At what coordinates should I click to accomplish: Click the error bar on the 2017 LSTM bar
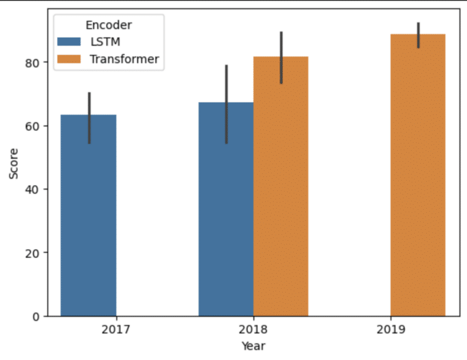89,118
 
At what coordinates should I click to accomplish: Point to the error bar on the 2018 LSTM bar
227,104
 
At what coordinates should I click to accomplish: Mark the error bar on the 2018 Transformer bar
281,58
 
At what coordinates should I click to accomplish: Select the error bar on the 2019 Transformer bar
418,35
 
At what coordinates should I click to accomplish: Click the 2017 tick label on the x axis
116,331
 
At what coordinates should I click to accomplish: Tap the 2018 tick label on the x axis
254,331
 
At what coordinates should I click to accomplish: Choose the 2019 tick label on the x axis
391,331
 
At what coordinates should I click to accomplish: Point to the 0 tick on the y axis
36,316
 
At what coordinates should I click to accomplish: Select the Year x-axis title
252,346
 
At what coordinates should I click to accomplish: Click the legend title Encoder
109,25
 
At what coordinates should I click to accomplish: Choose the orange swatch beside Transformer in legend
71,59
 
